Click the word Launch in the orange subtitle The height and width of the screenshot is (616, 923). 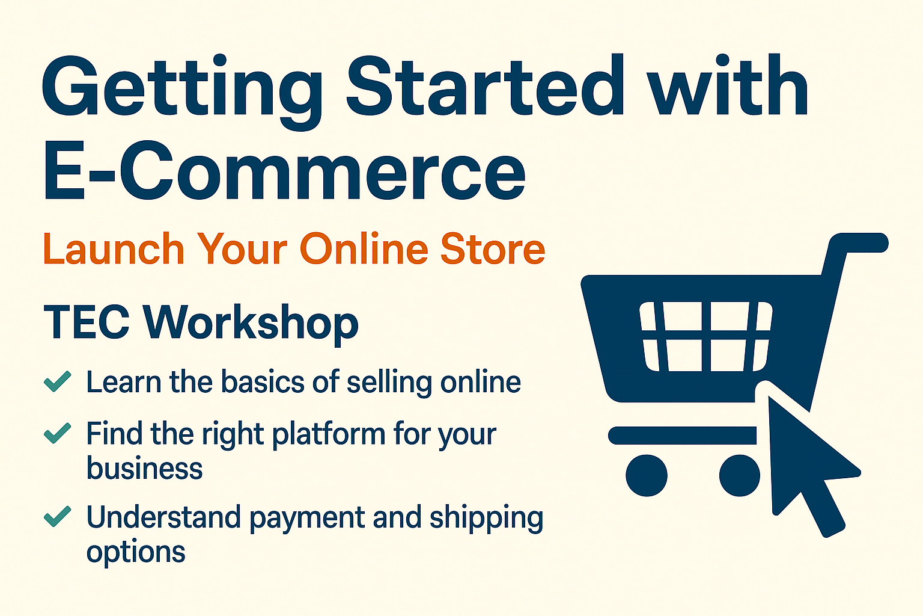[114, 249]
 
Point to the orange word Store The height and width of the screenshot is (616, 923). [493, 249]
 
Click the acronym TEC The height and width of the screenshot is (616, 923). [87, 322]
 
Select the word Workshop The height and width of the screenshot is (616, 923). [251, 324]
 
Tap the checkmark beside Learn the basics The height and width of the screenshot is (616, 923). [58, 381]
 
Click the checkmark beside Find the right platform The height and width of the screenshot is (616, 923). [58, 433]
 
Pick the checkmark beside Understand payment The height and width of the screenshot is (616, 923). [58, 517]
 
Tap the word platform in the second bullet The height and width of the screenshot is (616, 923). [328, 435]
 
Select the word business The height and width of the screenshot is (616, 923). [145, 469]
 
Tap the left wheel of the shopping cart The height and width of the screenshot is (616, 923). [647, 475]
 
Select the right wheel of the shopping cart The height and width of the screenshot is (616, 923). [739, 475]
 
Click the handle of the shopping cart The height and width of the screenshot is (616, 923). [859, 243]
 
